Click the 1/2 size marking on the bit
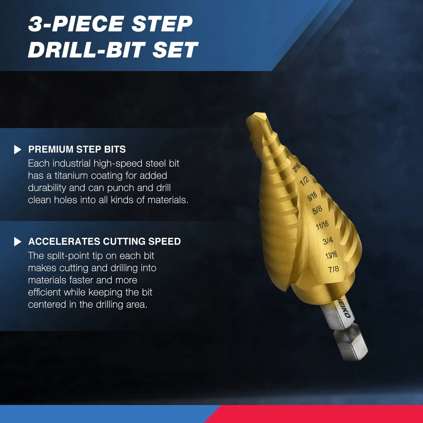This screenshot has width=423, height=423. pyautogui.click(x=304, y=181)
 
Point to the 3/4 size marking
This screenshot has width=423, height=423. pyautogui.click(x=328, y=241)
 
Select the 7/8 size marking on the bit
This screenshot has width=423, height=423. pyautogui.click(x=334, y=269)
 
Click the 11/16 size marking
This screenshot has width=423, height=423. pyautogui.click(x=322, y=225)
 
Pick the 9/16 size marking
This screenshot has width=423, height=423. pyautogui.click(x=312, y=196)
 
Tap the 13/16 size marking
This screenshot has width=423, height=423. pyautogui.click(x=331, y=255)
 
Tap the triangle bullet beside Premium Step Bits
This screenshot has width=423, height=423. pyautogui.click(x=18, y=150)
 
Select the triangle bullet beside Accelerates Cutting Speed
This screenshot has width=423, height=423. pyautogui.click(x=18, y=242)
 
